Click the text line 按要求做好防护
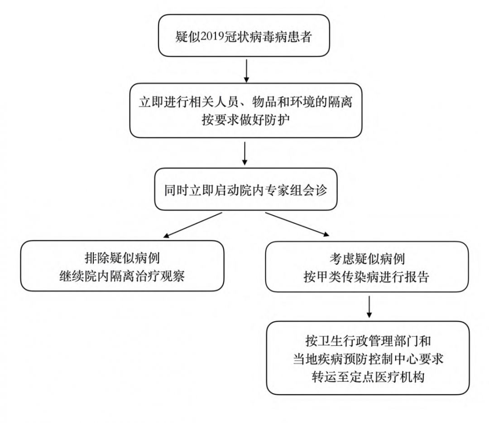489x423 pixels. click(245, 121)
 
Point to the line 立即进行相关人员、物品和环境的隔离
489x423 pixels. click(245, 102)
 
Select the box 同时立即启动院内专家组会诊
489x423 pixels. click(245, 189)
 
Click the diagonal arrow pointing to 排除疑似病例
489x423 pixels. click(193, 224)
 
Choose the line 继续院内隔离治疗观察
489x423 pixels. click(122, 276)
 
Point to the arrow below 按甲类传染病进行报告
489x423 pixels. click(369, 307)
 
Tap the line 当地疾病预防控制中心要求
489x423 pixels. click(367, 359)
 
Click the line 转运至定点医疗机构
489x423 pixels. click(367, 377)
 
